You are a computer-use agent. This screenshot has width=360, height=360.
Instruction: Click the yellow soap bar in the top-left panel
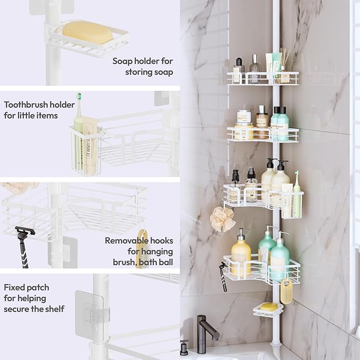tap(87, 33)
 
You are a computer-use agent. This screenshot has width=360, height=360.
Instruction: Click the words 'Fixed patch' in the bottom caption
tap(26, 287)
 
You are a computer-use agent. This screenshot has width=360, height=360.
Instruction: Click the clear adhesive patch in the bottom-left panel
tap(86, 314)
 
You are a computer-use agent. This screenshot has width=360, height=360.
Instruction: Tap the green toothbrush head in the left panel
tap(80, 98)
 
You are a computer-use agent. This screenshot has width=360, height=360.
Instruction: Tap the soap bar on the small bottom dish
tap(268, 306)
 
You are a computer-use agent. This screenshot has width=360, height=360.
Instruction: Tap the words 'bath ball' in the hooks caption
tap(156, 262)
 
